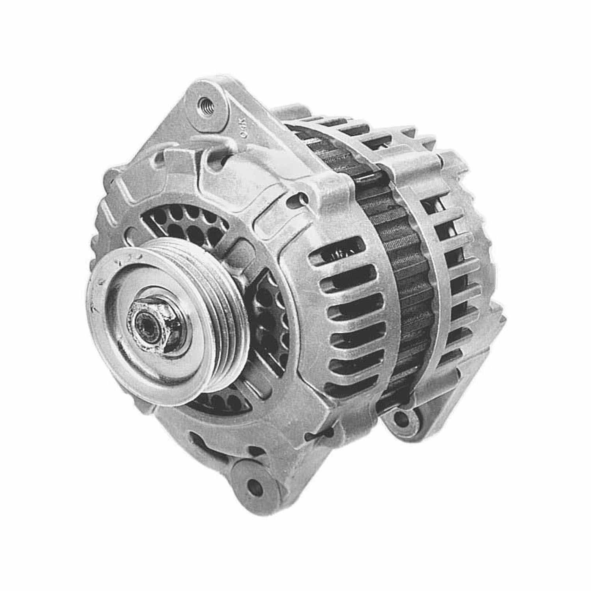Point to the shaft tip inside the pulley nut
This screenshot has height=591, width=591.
[141, 318]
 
